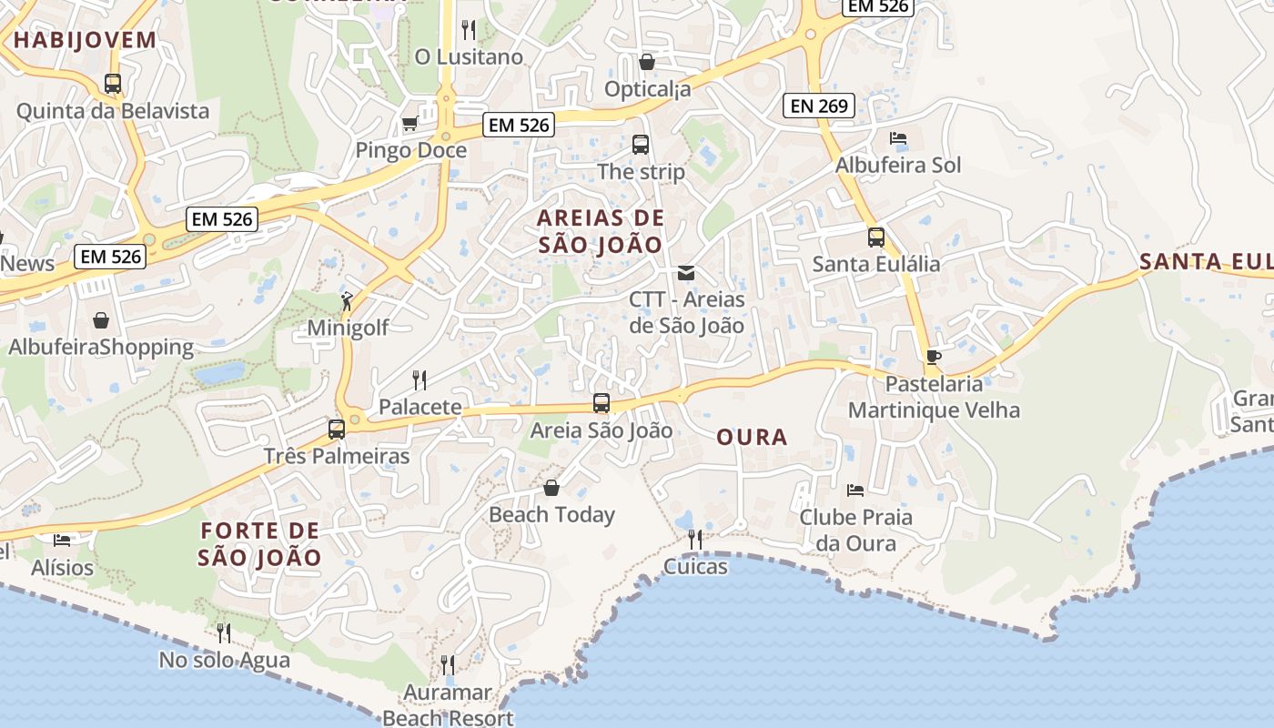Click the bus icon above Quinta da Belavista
113,84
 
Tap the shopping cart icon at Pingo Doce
410,123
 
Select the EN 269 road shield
819,106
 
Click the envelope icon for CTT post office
686,272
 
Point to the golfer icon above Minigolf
347,300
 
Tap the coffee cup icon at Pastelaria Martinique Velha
933,356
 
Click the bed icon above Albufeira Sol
898,138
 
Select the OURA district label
752,437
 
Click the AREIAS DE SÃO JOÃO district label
601,231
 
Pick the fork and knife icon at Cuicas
695,540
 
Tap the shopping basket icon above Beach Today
551,488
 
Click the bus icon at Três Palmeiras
337,429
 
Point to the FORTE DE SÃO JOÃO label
260,543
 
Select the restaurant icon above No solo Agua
223,632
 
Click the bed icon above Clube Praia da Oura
855,490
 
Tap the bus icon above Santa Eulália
876,238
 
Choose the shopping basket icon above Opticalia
647,62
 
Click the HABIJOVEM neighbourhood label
85,39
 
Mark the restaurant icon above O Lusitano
469,30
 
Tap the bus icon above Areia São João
602,403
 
